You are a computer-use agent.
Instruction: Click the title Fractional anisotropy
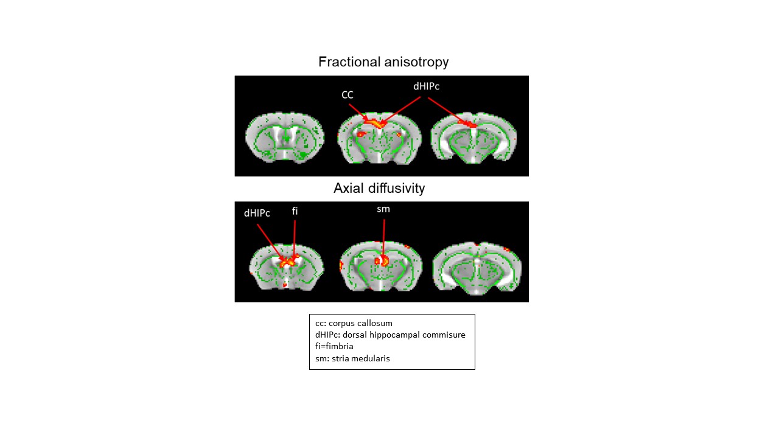point(383,62)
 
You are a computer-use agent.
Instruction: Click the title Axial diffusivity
point(379,189)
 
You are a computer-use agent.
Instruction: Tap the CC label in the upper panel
point(347,95)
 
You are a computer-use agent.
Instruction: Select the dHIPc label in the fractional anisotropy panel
point(426,86)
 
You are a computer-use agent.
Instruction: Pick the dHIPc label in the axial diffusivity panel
point(257,214)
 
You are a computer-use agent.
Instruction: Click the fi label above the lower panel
point(295,211)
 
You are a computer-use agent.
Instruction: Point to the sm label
point(383,209)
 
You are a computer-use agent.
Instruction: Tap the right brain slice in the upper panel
point(474,139)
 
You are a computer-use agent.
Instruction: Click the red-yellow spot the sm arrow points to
point(382,261)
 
